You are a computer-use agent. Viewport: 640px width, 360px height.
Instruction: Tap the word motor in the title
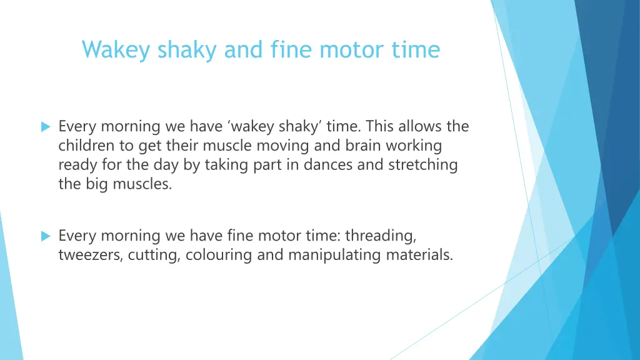[346, 49]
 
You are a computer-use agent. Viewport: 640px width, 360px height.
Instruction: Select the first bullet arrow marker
[45, 127]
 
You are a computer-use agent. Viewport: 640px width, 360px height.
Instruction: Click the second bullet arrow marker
[45, 236]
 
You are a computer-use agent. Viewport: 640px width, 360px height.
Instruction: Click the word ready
[76, 165]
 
